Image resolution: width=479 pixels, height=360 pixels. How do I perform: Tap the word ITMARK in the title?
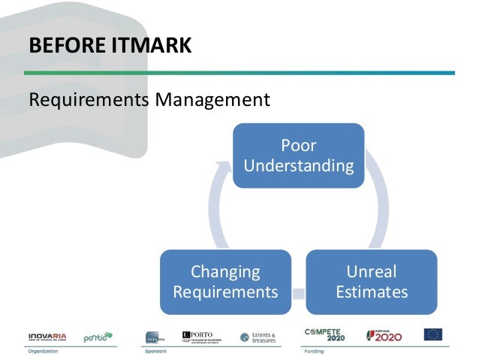pos(152,47)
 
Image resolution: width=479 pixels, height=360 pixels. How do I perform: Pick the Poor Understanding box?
pos(298,156)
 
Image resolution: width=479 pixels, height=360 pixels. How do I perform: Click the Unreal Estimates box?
pos(371,281)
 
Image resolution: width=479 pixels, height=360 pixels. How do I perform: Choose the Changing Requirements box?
pos(224,281)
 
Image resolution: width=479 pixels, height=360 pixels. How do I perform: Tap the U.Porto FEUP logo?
pos(203,335)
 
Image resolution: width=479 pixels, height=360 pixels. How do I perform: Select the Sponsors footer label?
pos(156,350)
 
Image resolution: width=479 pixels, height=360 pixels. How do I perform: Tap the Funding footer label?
pos(313,350)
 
